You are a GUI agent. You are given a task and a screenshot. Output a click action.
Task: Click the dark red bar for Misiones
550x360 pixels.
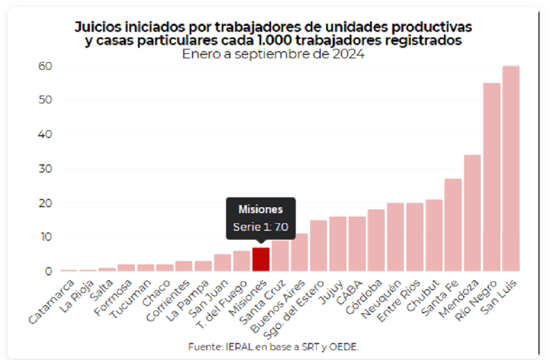(261, 259)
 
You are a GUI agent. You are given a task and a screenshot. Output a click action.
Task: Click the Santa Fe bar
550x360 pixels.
(453, 225)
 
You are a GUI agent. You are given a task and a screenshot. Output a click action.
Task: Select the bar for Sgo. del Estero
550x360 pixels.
(318, 246)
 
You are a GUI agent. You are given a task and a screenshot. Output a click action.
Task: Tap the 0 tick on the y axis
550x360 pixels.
(48, 271)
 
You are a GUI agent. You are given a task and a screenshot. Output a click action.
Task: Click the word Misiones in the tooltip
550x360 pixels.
(261, 209)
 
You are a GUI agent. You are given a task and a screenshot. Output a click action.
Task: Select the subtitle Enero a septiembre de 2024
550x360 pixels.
(273, 54)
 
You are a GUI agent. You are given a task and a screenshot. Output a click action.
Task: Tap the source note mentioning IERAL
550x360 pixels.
(273, 346)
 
